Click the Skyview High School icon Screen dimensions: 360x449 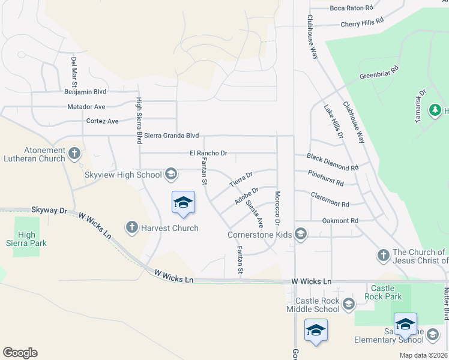click(170, 175)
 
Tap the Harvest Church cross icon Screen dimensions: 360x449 click(132, 227)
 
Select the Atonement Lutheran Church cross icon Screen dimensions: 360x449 click(74, 153)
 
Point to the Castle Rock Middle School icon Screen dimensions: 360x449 click(348, 304)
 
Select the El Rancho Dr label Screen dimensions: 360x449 click(208, 153)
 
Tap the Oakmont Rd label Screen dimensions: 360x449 click(340, 221)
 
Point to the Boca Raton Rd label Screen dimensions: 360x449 click(351, 8)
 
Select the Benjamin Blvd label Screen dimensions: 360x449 click(85, 92)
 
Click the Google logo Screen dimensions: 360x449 click(20, 353)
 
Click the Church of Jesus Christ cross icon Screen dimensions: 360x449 click(383, 256)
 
